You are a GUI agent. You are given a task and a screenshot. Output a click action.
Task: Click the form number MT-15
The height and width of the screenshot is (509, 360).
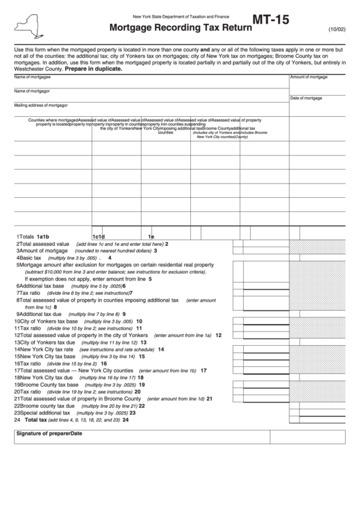[270, 20]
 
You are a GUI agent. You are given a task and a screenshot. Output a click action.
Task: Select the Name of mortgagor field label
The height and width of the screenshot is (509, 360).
[32, 91]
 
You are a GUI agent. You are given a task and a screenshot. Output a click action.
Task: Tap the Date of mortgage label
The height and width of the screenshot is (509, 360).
[306, 98]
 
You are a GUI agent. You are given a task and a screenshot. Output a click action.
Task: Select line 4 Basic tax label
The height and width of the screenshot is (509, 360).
[31, 258]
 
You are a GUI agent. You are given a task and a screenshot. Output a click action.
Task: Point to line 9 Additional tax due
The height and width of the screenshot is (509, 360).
[41, 314]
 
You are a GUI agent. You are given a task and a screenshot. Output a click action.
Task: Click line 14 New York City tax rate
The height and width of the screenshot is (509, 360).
[46, 349]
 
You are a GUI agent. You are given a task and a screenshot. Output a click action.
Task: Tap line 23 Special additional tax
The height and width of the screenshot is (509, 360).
[44, 413]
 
